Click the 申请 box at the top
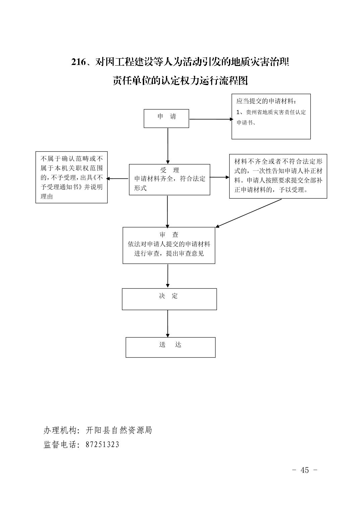coord(166,119)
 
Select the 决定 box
coord(169,299)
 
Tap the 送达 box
coord(170,347)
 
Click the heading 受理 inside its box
coord(169,170)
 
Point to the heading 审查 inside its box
coord(169,234)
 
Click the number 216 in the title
coord(79,62)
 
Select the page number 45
coord(305,470)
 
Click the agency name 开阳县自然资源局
coord(119,430)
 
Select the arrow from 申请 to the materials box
coord(211,119)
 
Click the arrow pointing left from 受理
coord(117,178)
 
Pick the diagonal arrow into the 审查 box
coord(248,213)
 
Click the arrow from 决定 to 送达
coord(168,323)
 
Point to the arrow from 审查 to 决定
coord(168,276)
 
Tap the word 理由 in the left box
coord(47,196)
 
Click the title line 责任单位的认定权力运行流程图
coord(180,81)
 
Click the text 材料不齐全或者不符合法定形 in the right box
coord(278,161)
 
